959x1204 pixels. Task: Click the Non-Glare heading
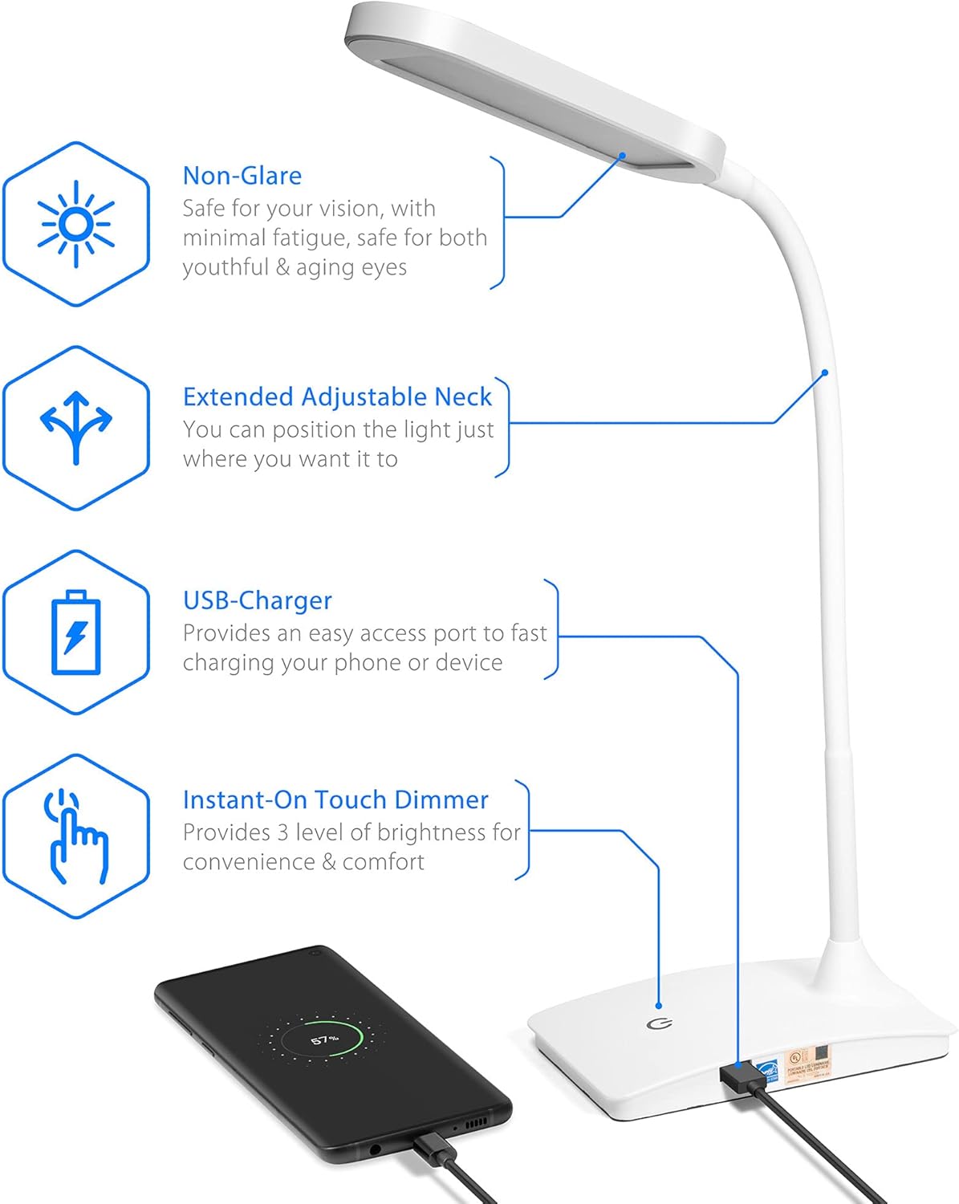tap(242, 176)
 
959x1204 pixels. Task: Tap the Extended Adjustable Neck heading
tap(337, 397)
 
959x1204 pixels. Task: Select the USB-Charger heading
tap(257, 600)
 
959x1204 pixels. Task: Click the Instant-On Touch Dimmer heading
tap(335, 800)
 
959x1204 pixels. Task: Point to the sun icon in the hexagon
tap(76, 224)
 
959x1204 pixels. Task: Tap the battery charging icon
tap(76, 633)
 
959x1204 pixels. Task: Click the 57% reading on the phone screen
tap(324, 1039)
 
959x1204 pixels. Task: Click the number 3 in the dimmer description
tap(282, 833)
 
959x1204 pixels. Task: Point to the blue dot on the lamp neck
tap(824, 372)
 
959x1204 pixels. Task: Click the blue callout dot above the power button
tap(659, 1005)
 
